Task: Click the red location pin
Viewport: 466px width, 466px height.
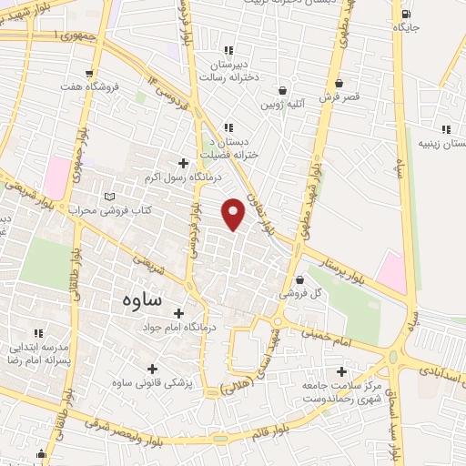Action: (234, 213)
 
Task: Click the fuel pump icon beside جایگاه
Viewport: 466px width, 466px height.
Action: (405, 14)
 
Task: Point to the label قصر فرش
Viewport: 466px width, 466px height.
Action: (339, 94)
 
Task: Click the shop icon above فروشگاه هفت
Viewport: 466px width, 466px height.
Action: (88, 74)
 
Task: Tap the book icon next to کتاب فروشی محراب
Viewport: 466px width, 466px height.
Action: (110, 197)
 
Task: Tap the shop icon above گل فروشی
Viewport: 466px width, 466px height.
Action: (299, 280)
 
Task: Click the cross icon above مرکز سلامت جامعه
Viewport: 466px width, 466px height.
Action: (341, 371)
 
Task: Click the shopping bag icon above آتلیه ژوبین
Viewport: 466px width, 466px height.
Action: (283, 91)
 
